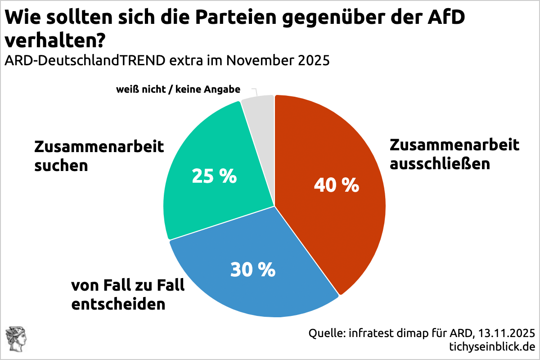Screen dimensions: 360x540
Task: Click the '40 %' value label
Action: click(336, 185)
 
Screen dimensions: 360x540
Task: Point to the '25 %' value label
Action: click(214, 176)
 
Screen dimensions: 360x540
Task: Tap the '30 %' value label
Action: click(252, 270)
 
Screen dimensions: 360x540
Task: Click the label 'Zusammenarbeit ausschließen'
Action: click(454, 154)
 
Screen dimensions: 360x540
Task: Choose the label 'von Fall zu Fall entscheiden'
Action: click(128, 295)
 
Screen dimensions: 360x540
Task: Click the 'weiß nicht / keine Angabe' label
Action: click(178, 90)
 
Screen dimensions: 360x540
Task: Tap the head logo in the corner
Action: click(16, 340)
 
